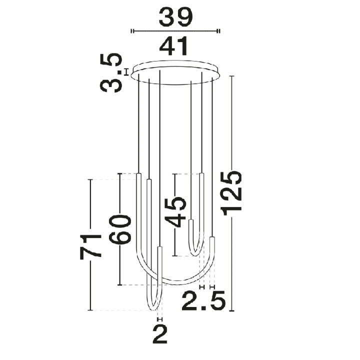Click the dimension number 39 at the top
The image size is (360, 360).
(x=175, y=17)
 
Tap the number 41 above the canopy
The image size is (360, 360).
(x=174, y=47)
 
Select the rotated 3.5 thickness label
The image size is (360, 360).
(x=111, y=73)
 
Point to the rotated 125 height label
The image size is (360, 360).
(x=231, y=193)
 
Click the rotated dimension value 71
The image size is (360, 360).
(x=90, y=247)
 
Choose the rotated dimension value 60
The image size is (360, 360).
(x=120, y=229)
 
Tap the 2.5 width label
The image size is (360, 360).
(x=203, y=301)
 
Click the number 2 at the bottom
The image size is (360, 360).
(x=160, y=334)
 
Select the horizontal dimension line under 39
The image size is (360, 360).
(x=175, y=31)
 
